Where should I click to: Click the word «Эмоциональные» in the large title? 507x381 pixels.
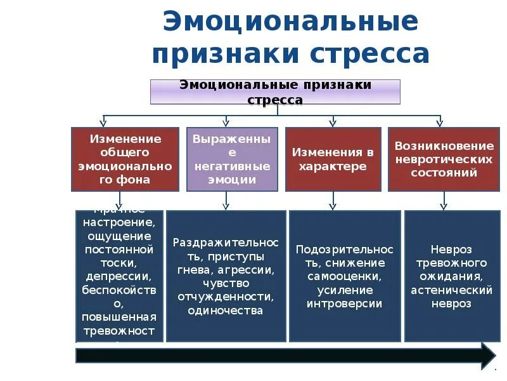tap(290, 22)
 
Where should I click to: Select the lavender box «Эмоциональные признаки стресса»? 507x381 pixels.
tap(275, 92)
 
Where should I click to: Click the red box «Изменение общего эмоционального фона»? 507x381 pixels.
tap(125, 159)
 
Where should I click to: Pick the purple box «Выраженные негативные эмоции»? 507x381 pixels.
tap(232, 159)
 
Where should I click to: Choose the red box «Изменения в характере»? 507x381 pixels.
tap(333, 159)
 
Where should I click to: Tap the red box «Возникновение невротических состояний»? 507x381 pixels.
tap(444, 159)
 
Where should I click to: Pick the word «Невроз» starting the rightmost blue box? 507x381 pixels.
tap(451, 250)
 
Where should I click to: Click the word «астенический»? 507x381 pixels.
tap(451, 290)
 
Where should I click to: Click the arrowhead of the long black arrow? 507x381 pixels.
tap(487, 355)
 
